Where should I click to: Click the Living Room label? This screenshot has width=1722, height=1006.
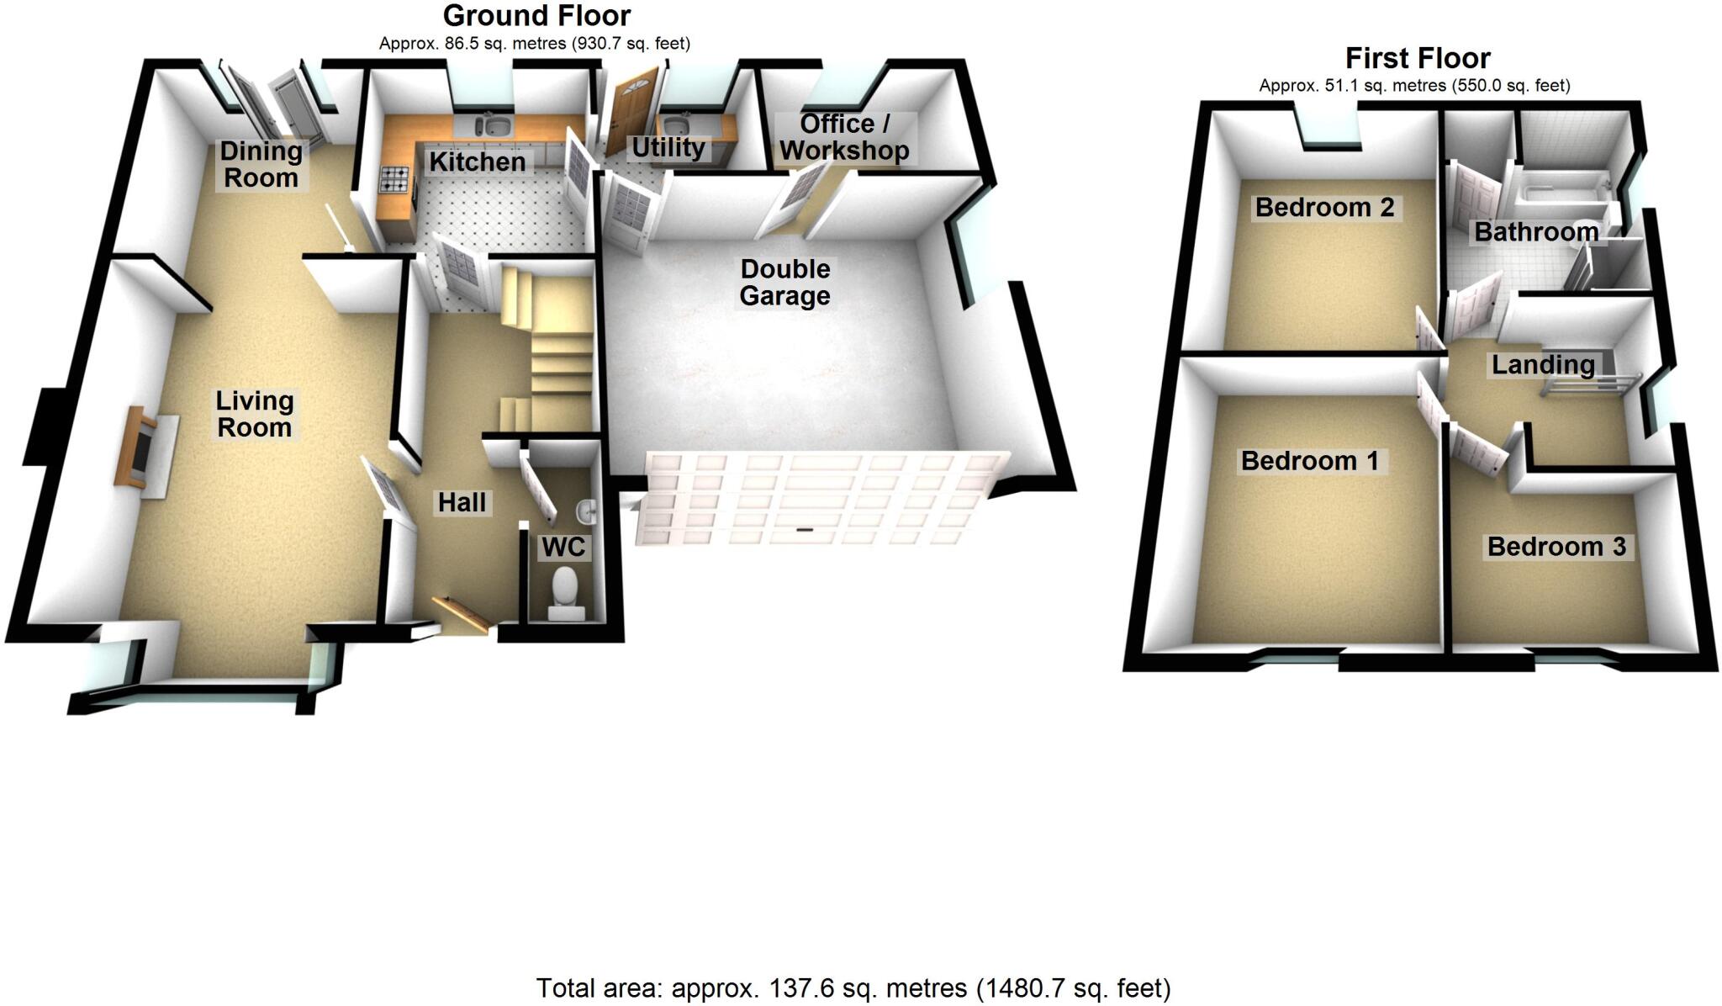point(255,414)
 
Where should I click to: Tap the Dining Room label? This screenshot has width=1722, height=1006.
point(261,165)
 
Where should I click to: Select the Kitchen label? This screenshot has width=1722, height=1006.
point(478,161)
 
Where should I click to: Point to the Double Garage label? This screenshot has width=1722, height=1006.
point(784,283)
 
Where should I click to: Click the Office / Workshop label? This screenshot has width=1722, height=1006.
point(844,137)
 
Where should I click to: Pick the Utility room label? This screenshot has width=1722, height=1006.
point(668,148)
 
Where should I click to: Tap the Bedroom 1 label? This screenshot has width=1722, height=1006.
point(1310,461)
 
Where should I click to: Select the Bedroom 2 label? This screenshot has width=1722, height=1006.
point(1324,207)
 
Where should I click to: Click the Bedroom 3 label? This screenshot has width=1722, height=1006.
point(1556,547)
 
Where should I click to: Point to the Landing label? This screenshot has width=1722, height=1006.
point(1543,365)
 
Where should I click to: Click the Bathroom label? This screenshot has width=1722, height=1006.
point(1536,232)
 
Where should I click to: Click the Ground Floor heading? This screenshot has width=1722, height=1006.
point(536,16)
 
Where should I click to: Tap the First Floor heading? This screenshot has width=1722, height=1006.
point(1418,58)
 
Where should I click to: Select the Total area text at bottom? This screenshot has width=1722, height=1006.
point(853,987)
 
